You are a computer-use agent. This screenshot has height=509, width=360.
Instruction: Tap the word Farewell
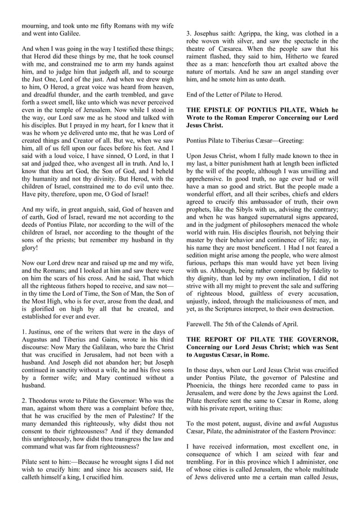click(x=200, y=324)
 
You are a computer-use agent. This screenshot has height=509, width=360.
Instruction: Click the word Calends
click(x=270, y=324)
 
